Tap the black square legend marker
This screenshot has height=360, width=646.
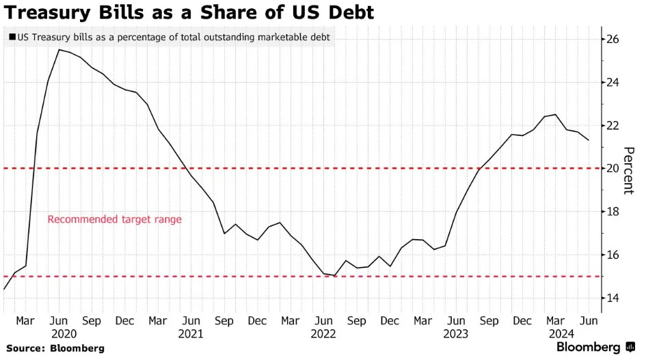[12, 38]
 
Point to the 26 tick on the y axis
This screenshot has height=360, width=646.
[613, 40]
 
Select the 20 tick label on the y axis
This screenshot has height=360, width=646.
[613, 169]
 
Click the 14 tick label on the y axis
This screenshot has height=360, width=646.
[613, 299]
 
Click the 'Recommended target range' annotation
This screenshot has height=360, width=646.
[114, 220]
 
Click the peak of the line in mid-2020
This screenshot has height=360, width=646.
[59, 49]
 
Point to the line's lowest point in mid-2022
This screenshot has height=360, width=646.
[336, 275]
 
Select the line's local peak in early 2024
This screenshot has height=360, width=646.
[555, 115]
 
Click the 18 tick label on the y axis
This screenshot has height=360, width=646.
[613, 212]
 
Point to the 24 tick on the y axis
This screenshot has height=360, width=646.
[613, 83]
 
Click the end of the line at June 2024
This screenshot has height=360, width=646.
[589, 140]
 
